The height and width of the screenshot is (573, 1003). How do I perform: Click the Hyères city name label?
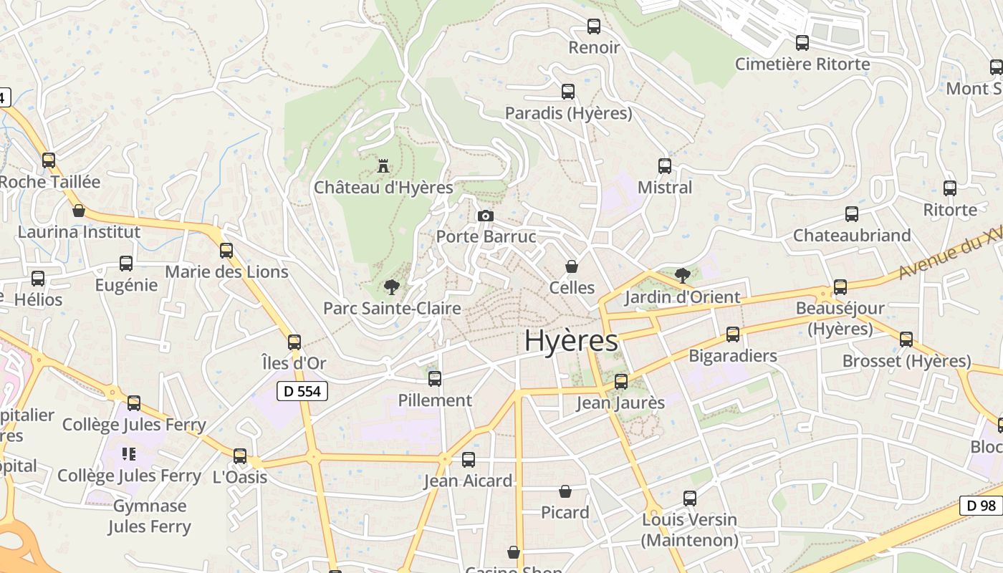571,342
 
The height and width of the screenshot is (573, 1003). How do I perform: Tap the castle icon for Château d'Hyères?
383,167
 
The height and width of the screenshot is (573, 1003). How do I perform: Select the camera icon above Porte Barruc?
485,216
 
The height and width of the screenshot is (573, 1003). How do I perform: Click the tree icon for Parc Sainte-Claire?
391,287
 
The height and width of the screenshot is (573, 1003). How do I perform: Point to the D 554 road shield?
302,391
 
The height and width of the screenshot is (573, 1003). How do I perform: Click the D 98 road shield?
981,506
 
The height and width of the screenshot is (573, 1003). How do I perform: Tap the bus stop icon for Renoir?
594,27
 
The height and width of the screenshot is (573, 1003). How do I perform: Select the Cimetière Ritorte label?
802,64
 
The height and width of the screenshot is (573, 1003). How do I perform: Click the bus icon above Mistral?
665,166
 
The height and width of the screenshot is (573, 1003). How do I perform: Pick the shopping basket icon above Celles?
572,266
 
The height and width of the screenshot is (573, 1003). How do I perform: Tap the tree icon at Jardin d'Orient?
683,275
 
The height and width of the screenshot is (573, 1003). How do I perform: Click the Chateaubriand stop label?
852,236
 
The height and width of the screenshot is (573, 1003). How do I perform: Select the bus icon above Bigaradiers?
733,334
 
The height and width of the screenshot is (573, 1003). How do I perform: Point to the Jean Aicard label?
468,481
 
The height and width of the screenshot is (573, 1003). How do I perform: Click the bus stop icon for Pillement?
435,379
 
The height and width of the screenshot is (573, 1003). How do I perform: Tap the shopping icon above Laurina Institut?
79,211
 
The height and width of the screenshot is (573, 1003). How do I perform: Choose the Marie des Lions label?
226,272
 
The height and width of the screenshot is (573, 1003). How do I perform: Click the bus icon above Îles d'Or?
294,342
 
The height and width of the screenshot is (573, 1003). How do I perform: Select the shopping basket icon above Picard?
565,491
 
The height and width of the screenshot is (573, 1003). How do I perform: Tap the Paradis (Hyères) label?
568,114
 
